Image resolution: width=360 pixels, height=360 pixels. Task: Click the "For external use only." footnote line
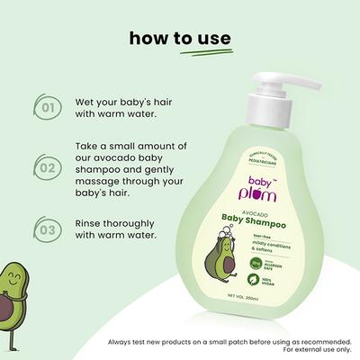tap(316, 351)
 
